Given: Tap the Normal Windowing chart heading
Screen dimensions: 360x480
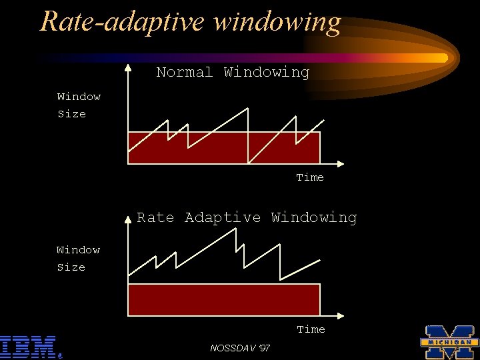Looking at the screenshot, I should coord(233,72).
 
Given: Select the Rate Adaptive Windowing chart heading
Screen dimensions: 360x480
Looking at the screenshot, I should coord(247,217).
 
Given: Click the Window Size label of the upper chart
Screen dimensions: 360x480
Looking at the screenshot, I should coord(79,105).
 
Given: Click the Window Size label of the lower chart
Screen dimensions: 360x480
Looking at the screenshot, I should coord(78,259).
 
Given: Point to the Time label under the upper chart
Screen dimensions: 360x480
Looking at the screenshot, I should coord(310,177).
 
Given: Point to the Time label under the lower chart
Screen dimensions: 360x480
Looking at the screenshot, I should coord(311,329).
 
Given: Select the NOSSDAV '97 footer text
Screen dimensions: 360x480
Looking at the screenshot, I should coord(240,348).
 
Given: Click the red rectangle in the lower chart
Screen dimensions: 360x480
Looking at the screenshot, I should coord(223,300).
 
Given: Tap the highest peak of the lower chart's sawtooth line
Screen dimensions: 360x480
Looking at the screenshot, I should coord(235,229).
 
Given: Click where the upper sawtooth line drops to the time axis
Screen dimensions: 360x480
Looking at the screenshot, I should coord(249,163).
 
